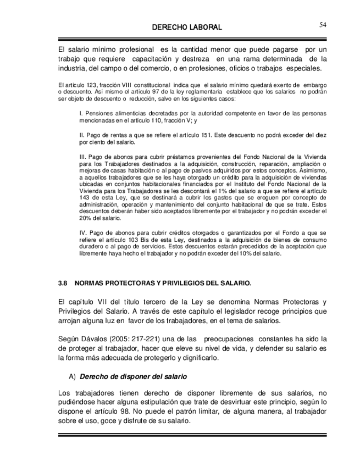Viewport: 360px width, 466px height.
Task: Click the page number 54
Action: point(322,24)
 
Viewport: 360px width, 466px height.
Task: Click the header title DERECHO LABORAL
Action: point(187,27)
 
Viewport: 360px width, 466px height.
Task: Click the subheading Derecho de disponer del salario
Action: point(134,377)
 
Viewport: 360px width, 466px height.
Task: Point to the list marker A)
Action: point(73,377)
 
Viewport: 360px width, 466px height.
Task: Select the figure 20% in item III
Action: point(85,218)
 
